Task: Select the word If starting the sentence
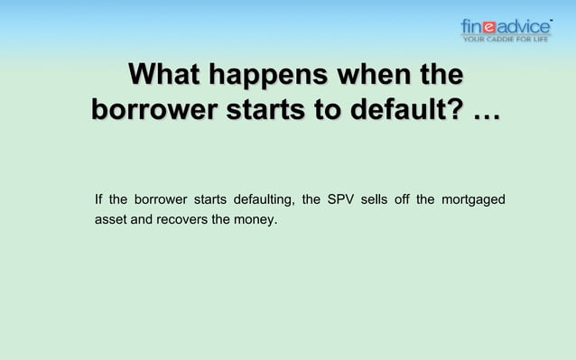tap(98, 198)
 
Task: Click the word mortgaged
tap(473, 198)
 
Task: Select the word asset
tap(110, 219)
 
